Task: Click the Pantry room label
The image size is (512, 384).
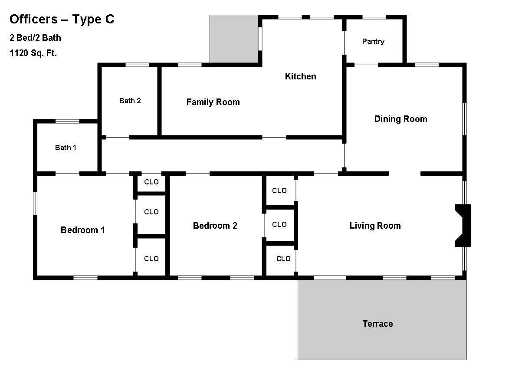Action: pyautogui.click(x=373, y=42)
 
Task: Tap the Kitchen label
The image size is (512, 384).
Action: pyautogui.click(x=300, y=76)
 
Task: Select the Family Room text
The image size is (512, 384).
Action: pyautogui.click(x=213, y=102)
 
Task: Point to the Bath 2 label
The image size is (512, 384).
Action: pyautogui.click(x=130, y=101)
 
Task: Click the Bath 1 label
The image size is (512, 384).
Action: pyautogui.click(x=66, y=148)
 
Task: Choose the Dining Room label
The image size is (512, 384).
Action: pyautogui.click(x=400, y=119)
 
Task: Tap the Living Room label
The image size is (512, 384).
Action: pyautogui.click(x=375, y=226)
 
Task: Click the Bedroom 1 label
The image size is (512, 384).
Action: pyautogui.click(x=82, y=230)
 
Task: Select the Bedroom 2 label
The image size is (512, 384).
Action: pyautogui.click(x=215, y=226)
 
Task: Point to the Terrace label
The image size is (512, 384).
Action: pyautogui.click(x=377, y=324)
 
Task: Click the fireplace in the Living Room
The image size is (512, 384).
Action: pyautogui.click(x=463, y=225)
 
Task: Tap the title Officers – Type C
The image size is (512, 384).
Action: pyautogui.click(x=62, y=19)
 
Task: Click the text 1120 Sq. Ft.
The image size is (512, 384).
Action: pyautogui.click(x=33, y=53)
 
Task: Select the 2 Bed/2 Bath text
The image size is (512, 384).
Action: pyautogui.click(x=35, y=38)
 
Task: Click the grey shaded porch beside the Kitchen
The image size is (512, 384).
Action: pyautogui.click(x=234, y=39)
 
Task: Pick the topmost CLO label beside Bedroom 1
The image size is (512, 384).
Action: pyautogui.click(x=151, y=182)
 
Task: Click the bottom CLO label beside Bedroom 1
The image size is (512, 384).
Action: pyautogui.click(x=151, y=259)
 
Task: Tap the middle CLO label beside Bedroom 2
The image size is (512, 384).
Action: pyautogui.click(x=279, y=224)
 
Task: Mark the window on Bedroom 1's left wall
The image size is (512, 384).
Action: pyautogui.click(x=35, y=203)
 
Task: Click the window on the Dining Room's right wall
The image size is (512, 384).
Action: pyautogui.click(x=464, y=119)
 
